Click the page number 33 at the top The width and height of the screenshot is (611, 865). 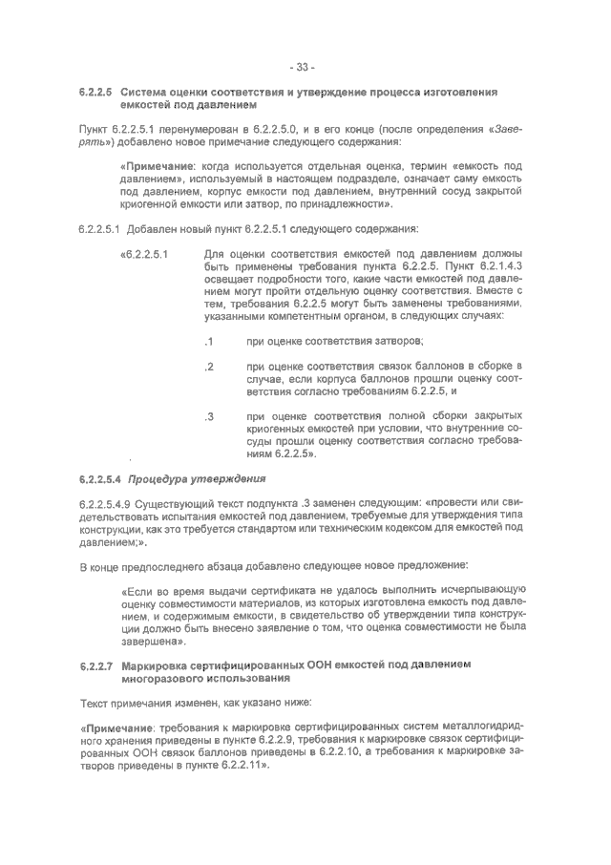pos(305,67)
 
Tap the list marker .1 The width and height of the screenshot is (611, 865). pos(209,342)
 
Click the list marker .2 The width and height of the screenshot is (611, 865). pos(209,367)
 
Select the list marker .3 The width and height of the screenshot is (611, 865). pos(209,416)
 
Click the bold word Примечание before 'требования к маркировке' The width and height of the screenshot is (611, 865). pos(116,728)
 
